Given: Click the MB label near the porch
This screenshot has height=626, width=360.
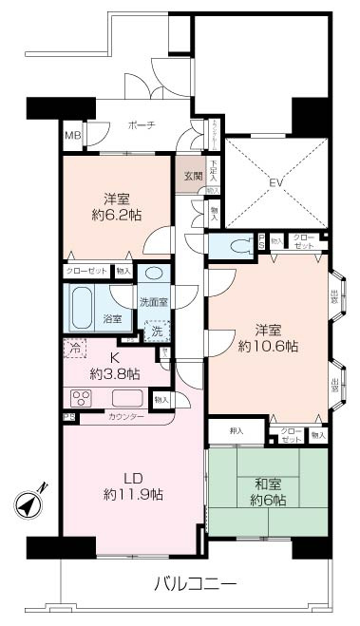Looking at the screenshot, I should (72, 135).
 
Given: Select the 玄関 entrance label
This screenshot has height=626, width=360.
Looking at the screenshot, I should (193, 175).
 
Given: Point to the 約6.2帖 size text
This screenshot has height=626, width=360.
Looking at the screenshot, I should (120, 218).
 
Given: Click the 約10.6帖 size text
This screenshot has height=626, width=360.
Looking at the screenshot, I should (269, 347).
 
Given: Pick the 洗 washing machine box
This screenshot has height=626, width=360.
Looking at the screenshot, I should (158, 332).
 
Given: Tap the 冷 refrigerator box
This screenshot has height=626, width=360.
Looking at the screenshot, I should (76, 348).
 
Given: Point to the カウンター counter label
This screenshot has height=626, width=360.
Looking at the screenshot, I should (126, 417).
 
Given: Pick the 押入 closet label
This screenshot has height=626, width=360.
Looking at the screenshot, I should (237, 431).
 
